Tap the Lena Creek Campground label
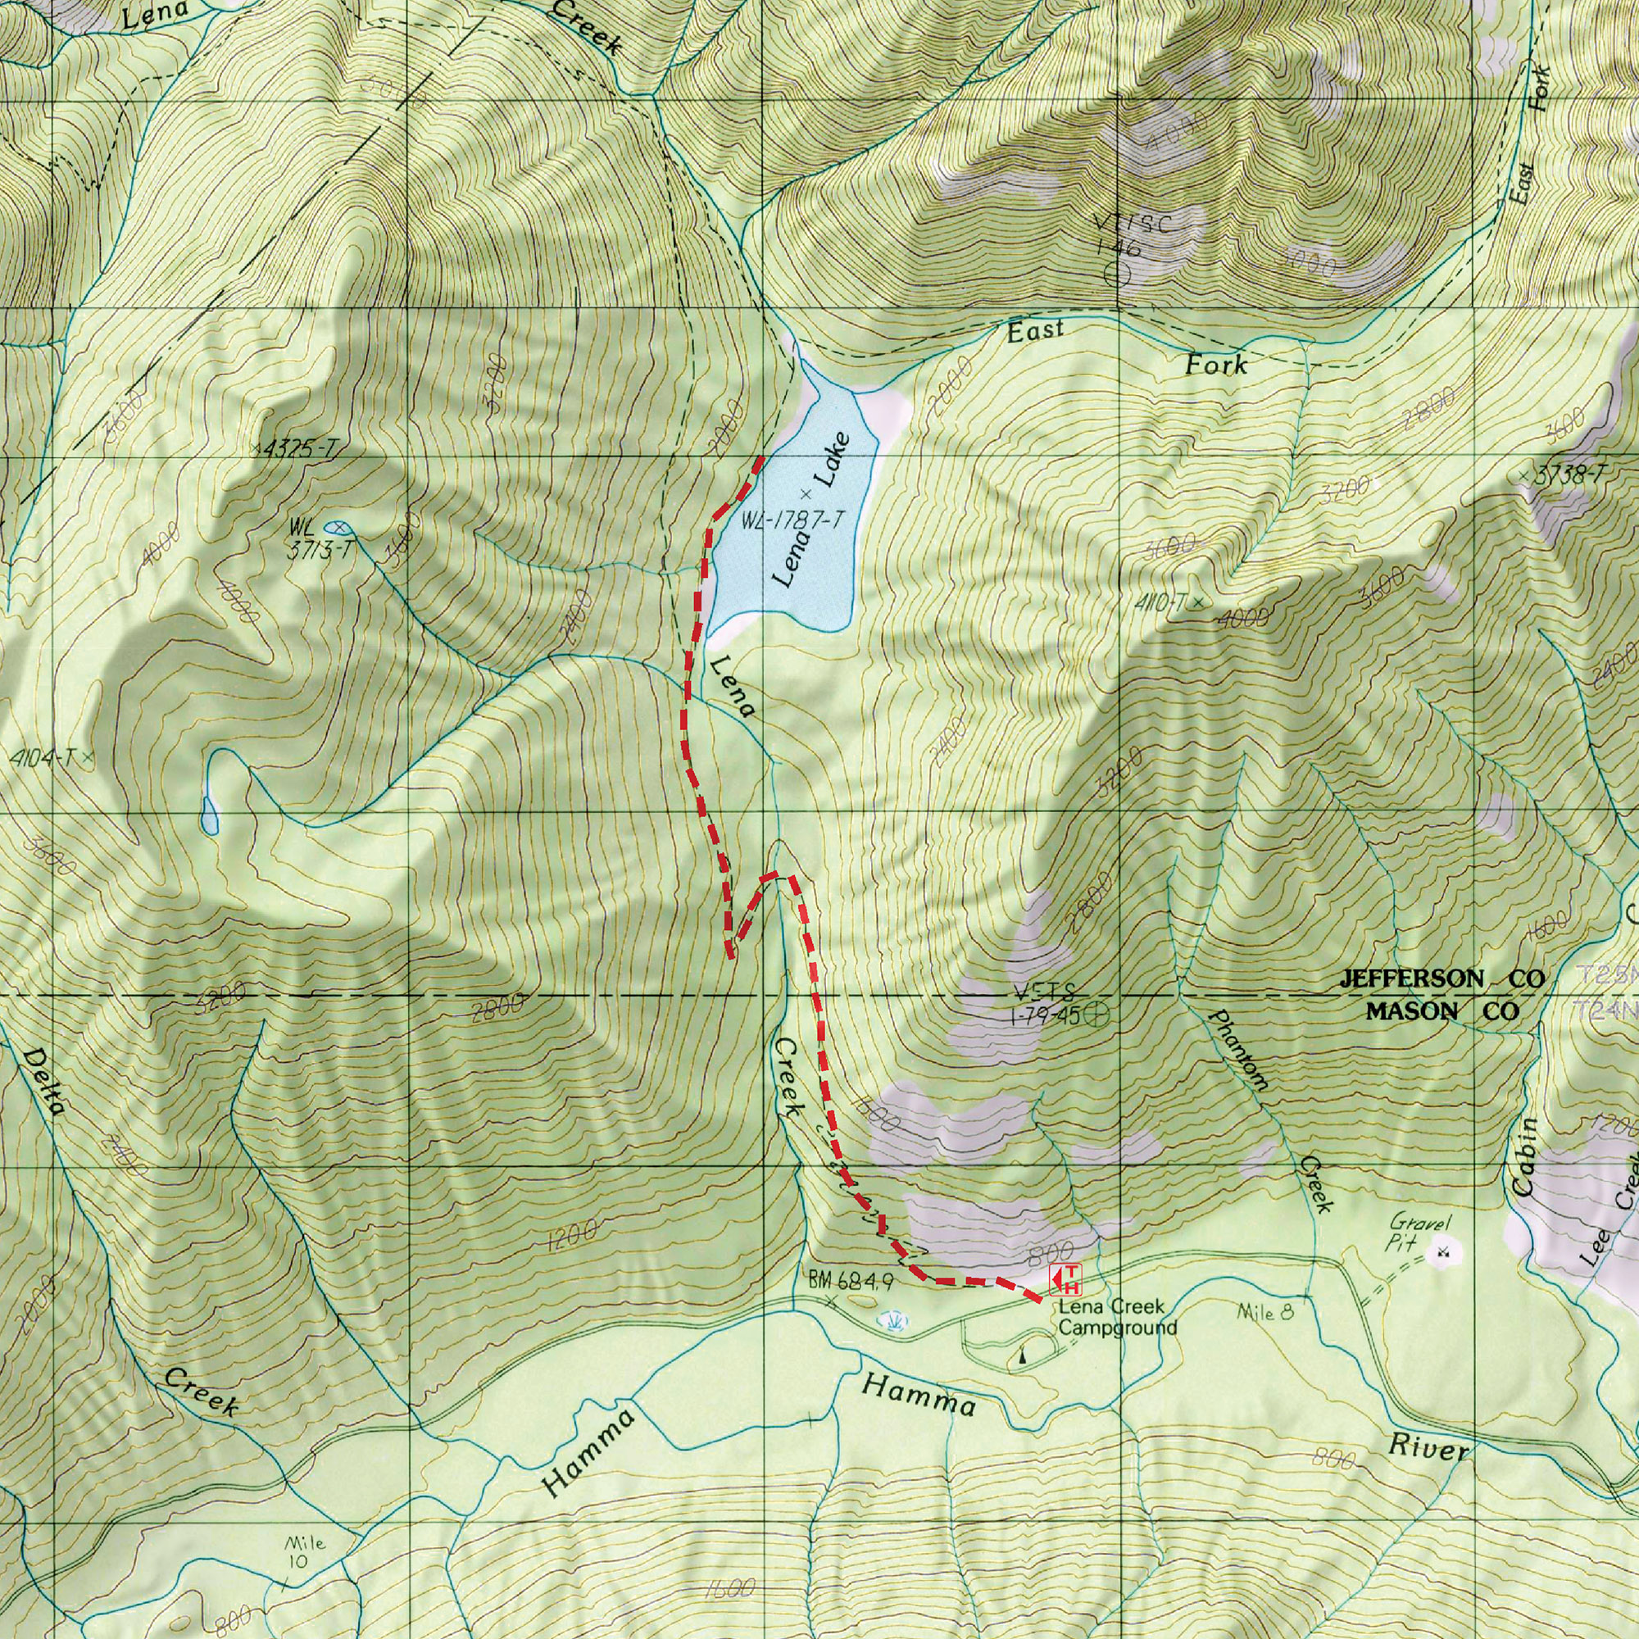coord(1117,1318)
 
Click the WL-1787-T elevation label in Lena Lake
coord(793,521)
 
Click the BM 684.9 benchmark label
coord(850,1282)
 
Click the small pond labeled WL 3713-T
coord(336,528)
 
